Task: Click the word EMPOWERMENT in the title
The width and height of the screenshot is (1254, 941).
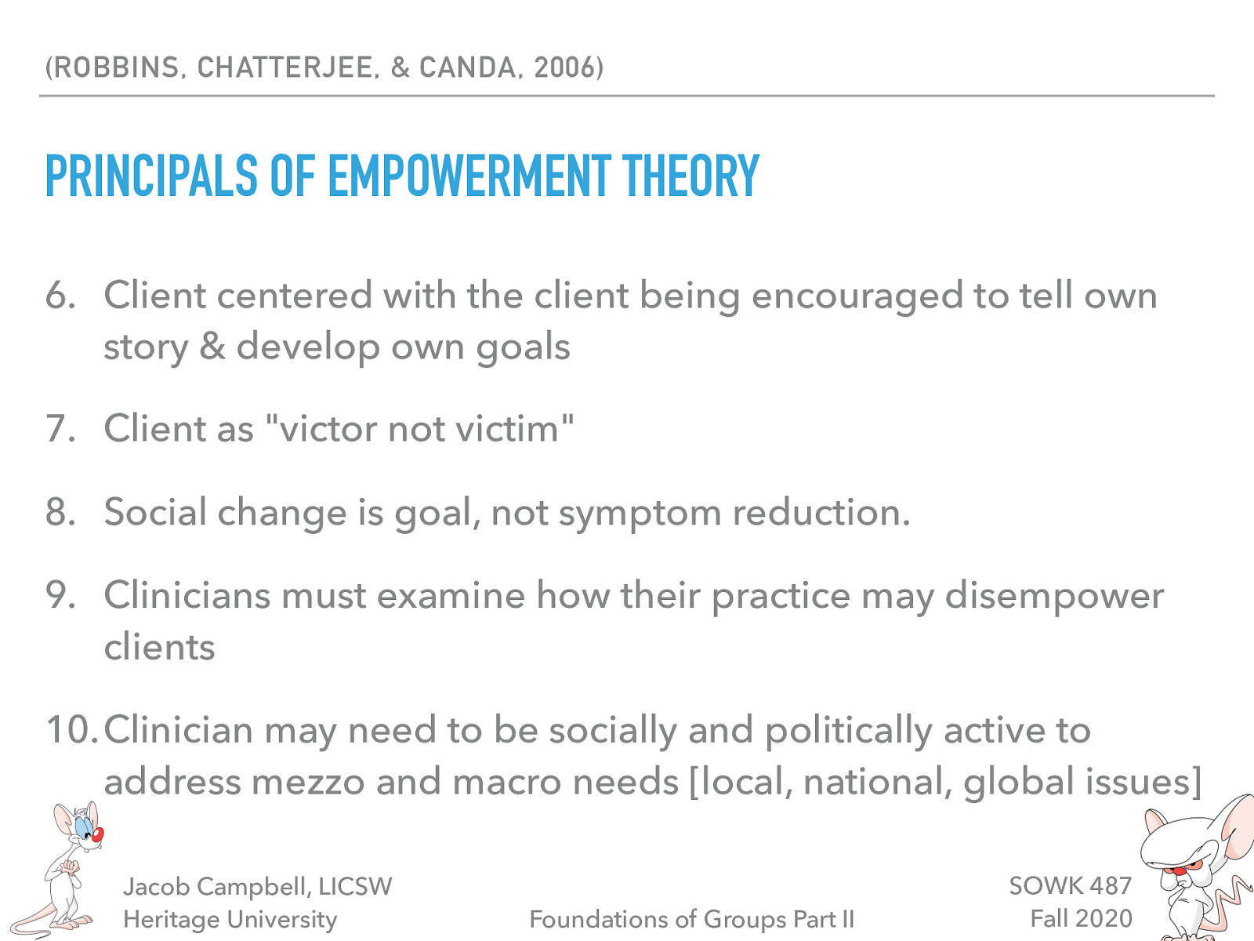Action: point(469,176)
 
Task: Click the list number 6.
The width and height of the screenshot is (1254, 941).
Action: point(60,296)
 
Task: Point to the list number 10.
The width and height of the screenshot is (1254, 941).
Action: point(71,730)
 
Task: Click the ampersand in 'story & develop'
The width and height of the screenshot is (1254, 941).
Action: point(212,346)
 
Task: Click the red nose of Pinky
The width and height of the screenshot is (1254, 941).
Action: point(97,836)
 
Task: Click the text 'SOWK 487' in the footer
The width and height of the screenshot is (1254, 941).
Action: point(1070,885)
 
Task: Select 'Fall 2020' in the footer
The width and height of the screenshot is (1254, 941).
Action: point(1081,918)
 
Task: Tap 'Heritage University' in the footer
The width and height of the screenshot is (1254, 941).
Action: point(230,919)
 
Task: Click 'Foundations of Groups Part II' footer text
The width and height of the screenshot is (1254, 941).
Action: point(691,919)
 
